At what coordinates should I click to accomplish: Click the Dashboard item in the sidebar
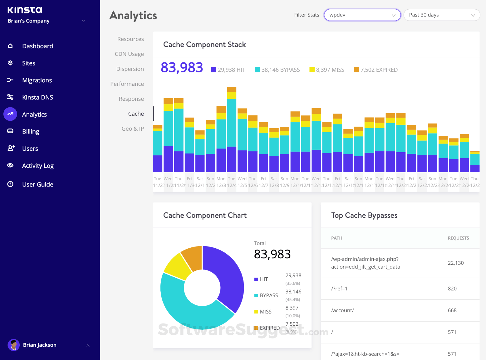(x=37, y=46)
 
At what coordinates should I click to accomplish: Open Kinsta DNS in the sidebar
(x=37, y=97)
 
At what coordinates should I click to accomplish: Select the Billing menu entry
(x=31, y=131)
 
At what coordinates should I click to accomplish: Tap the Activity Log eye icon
(x=10, y=165)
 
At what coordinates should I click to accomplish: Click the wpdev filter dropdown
(x=362, y=15)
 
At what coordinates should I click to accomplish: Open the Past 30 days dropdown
(x=441, y=15)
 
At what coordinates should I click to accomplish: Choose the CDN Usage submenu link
(x=129, y=54)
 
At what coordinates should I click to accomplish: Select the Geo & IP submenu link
(x=133, y=129)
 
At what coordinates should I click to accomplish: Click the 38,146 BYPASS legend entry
(x=277, y=70)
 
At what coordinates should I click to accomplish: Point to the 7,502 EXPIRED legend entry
(x=376, y=70)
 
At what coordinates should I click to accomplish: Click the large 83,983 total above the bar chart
(x=182, y=67)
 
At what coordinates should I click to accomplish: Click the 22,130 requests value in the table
(x=455, y=263)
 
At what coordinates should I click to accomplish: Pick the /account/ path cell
(x=342, y=310)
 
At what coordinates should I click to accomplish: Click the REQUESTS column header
(x=458, y=238)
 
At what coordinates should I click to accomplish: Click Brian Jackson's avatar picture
(x=13, y=345)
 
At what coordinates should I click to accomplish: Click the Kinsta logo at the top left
(x=25, y=10)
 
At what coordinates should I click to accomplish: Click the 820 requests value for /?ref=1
(x=452, y=289)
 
